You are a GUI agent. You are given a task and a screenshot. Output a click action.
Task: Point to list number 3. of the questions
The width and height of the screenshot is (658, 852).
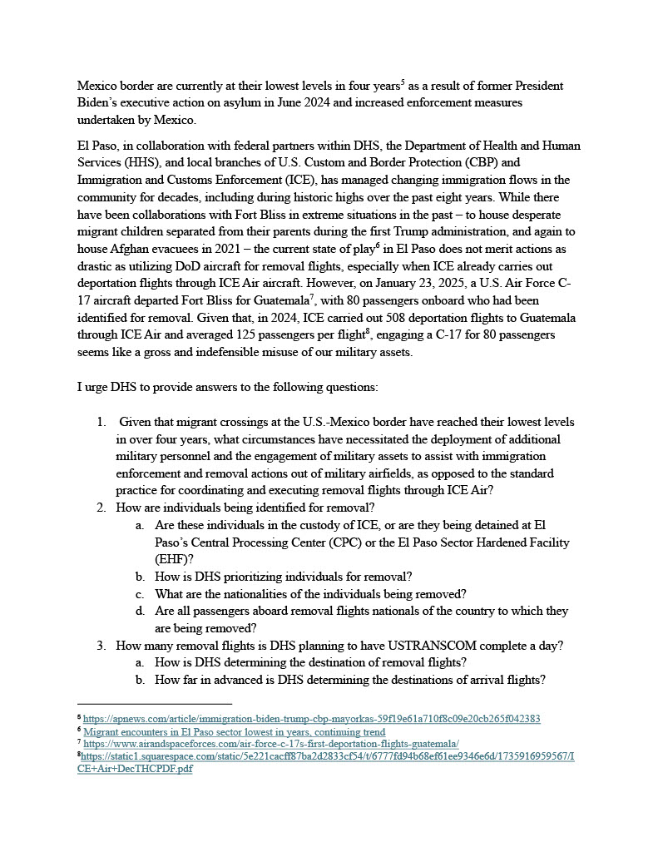(x=101, y=645)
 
